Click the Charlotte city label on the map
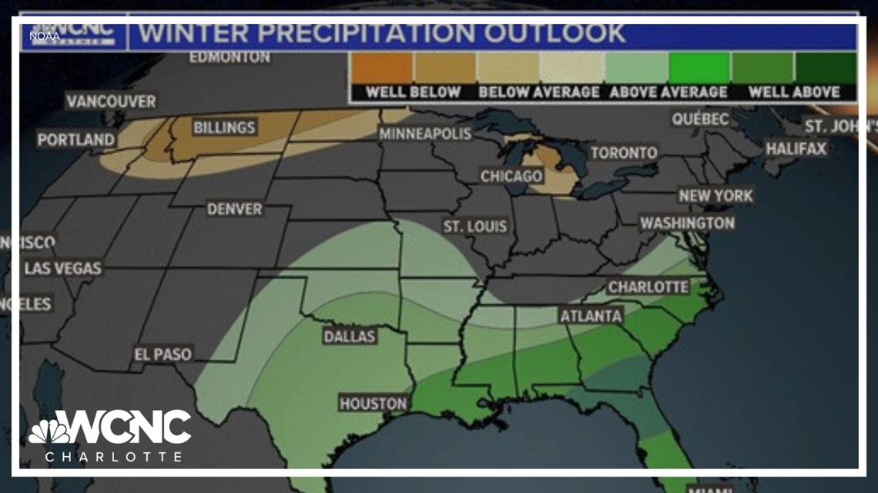coord(648,287)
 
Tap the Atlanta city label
coord(591,316)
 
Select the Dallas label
coord(350,336)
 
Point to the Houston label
coord(374,403)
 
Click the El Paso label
coord(163,355)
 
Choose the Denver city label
coord(234,209)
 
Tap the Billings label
coord(224,128)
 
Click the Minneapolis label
coord(424,134)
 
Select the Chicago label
coord(511,176)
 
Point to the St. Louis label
coord(475,226)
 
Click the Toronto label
coord(624,153)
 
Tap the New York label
coord(715,196)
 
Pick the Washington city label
coord(687,223)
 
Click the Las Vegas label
coord(63,268)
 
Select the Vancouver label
coord(111,102)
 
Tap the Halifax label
coord(796,148)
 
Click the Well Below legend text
coord(413,92)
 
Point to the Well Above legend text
coord(794,92)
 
